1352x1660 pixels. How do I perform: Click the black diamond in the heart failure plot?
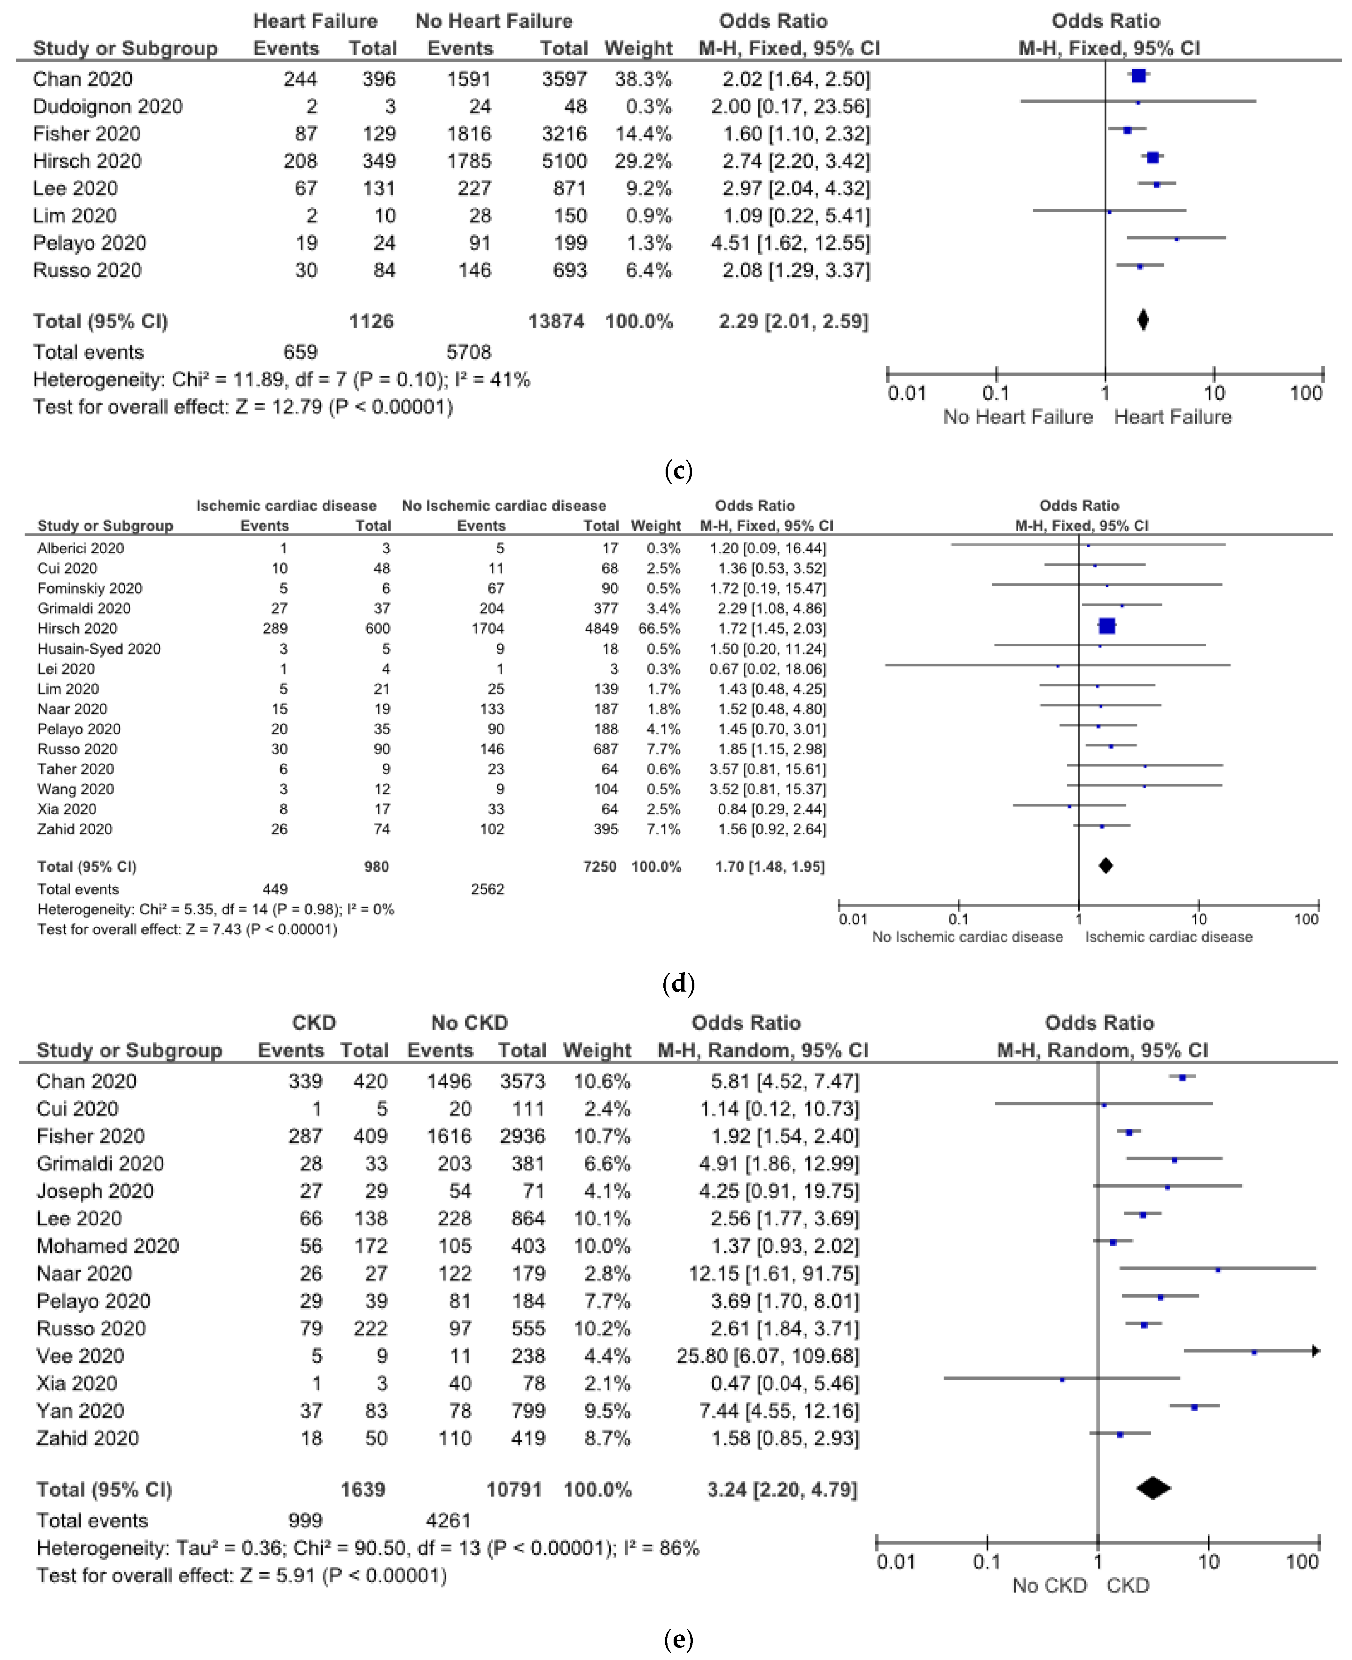point(1143,320)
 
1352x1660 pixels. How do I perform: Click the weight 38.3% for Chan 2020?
point(643,79)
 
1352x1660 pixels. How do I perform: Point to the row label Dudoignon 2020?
point(107,107)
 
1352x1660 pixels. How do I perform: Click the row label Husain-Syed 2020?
point(99,649)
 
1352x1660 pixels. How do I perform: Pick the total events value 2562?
point(488,889)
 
